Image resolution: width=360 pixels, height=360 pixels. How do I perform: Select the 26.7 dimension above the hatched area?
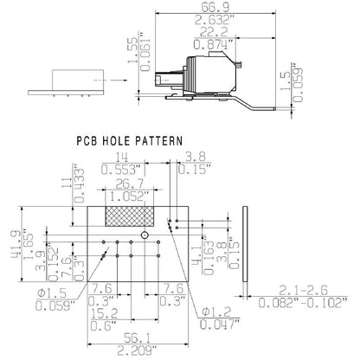pyautogui.click(x=127, y=185)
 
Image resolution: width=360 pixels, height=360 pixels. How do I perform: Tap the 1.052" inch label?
pyautogui.click(x=127, y=196)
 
